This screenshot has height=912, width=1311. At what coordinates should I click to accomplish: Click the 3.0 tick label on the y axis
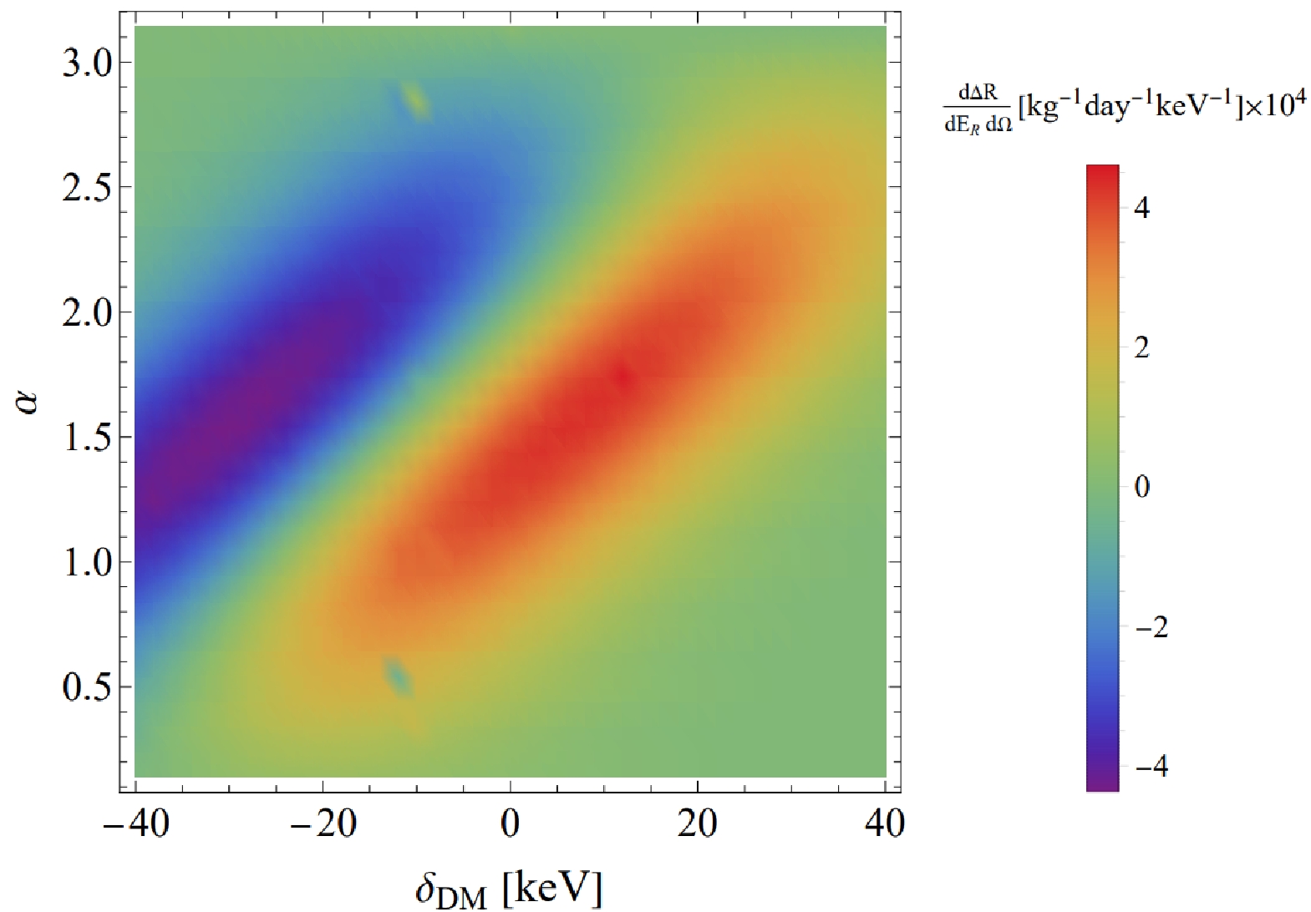pos(88,63)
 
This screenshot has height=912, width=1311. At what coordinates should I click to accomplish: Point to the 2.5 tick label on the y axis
pos(88,188)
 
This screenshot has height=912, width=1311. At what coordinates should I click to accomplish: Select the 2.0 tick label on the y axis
pos(88,313)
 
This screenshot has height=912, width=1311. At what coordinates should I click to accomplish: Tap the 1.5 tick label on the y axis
pos(88,438)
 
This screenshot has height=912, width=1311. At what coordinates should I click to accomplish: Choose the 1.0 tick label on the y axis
pos(88,563)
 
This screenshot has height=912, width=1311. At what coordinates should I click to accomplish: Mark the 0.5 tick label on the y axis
pos(88,687)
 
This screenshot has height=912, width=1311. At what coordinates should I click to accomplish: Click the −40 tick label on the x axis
pos(135,824)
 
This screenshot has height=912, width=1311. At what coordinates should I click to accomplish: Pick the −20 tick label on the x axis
pos(323,824)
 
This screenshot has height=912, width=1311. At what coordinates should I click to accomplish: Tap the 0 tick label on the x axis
pos(510,824)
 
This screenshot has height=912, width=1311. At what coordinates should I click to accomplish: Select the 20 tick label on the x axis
pos(697,824)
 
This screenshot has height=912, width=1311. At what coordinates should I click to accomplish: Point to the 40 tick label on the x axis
pos(884,824)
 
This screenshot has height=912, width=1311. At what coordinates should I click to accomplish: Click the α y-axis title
pos(30,406)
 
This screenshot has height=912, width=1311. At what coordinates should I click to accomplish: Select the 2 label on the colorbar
pos(1142,347)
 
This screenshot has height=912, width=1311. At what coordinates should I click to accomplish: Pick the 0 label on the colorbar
pos(1142,486)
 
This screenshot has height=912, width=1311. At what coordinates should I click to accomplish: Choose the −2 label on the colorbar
pos(1150,626)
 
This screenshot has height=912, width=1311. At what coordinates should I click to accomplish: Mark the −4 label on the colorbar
pos(1150,766)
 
